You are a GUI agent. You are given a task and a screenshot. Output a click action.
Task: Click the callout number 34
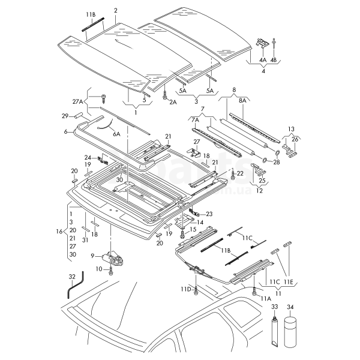pos(291,307)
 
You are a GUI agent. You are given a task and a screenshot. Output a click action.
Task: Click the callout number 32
pos(71,276)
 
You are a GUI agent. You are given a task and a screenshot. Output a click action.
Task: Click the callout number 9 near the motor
pos(92,256)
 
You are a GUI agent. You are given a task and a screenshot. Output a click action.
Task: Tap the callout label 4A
pos(262,60)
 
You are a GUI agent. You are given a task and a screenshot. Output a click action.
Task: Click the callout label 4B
pos(274,60)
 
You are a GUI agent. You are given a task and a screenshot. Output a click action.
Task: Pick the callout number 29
pos(65,116)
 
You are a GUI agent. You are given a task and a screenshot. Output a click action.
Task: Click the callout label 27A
pos(79,102)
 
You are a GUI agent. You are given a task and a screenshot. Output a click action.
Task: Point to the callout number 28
pos(276,162)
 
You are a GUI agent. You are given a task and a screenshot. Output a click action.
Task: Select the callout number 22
pos(240,173)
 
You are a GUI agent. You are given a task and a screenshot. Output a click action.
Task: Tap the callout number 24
pos(88,158)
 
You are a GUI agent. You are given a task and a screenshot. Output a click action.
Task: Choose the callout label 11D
pos(185,289)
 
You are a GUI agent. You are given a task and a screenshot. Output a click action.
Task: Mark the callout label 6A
pos(116,134)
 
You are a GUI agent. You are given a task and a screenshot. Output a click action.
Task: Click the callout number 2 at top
pos(115,10)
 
